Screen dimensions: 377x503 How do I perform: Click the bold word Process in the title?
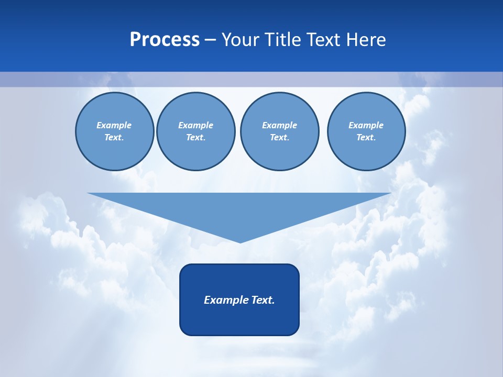165,40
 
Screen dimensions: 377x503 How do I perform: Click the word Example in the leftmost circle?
114,125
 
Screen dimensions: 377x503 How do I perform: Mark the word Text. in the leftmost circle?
114,138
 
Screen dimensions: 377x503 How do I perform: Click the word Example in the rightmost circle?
366,125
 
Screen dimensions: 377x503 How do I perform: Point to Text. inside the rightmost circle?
366,138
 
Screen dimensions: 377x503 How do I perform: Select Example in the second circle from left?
195,125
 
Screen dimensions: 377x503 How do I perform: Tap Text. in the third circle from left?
279,138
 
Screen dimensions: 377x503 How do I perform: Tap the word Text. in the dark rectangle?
263,300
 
